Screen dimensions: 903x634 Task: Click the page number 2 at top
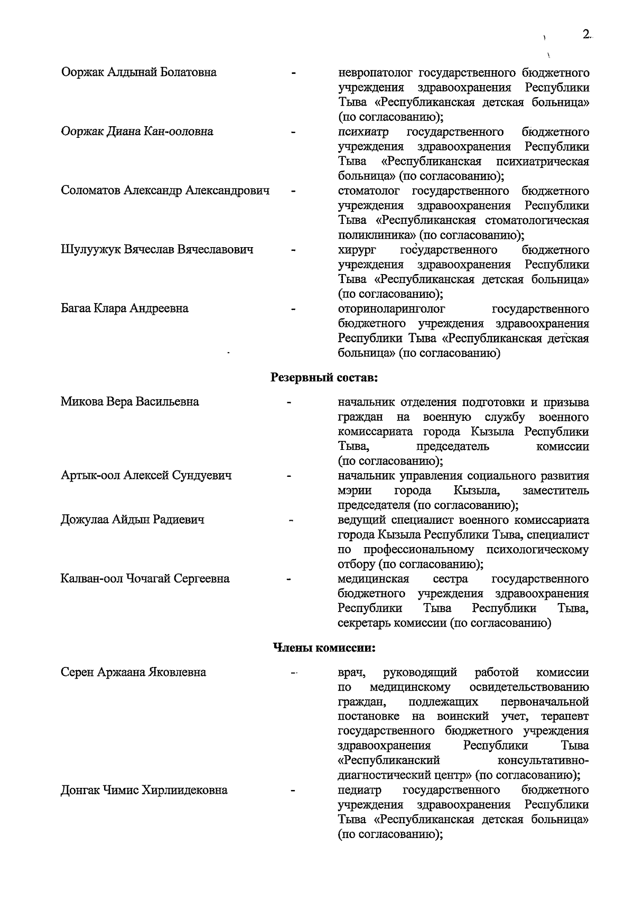click(586, 34)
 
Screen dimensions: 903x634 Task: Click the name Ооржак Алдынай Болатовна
click(138, 72)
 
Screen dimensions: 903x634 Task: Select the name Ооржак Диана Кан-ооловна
click(137, 131)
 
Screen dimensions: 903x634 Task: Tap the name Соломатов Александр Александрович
click(165, 191)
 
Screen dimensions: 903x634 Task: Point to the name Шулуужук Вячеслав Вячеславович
click(157, 250)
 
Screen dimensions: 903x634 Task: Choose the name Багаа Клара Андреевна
click(124, 308)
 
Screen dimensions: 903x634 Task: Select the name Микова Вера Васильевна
click(129, 402)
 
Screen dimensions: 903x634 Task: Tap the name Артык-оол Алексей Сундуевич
click(146, 476)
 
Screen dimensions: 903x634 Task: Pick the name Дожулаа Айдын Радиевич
click(132, 520)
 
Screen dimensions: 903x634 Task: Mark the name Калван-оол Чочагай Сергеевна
click(145, 579)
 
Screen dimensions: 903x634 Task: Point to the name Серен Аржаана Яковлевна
click(133, 673)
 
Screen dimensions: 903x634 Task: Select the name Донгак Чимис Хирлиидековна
click(144, 791)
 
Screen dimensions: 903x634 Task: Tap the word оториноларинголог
click(391, 308)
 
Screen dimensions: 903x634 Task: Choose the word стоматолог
click(369, 191)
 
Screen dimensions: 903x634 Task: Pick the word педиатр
click(359, 791)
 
